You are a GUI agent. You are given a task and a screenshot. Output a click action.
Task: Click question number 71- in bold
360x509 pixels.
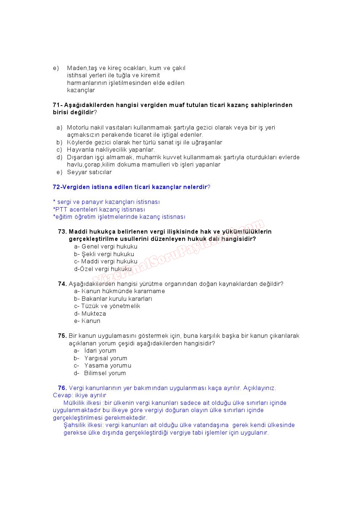(58, 105)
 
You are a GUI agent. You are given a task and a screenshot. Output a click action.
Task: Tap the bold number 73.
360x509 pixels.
(62, 231)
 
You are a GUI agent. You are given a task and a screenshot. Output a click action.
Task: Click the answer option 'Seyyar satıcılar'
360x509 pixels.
(89, 172)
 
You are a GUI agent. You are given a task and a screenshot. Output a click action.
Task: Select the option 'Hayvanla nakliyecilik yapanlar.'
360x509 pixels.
(111, 150)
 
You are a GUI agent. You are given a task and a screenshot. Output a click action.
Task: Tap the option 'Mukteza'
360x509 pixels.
(94, 314)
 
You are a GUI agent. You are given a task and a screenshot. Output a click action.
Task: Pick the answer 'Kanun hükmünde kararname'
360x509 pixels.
(123, 291)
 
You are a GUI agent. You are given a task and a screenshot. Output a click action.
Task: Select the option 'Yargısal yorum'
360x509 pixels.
(106, 358)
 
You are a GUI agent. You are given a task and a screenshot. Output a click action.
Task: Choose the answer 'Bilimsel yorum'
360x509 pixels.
(105, 373)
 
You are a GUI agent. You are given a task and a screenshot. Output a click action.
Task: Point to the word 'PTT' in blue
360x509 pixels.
(61, 210)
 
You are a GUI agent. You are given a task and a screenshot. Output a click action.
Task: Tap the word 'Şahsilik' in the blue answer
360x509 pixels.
(75, 425)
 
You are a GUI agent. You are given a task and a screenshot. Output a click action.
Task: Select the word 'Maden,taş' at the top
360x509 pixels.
(80, 68)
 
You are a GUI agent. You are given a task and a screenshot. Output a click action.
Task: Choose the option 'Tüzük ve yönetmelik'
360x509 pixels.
(111, 306)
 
